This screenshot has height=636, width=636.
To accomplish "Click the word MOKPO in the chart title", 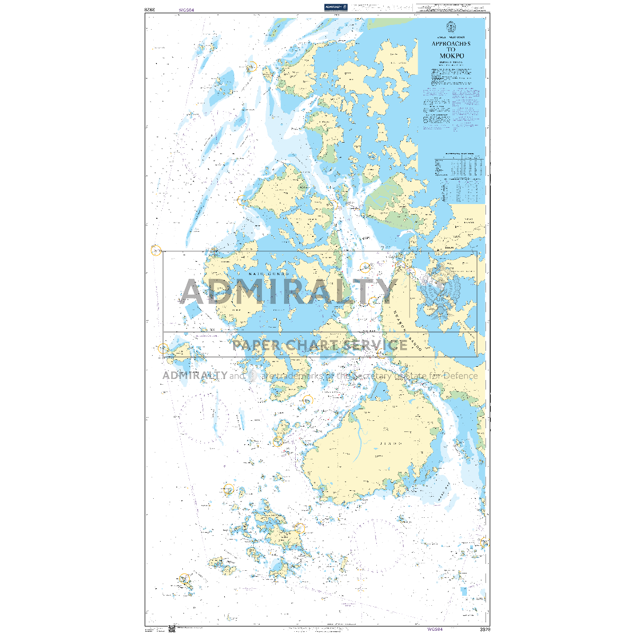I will coord(451,56).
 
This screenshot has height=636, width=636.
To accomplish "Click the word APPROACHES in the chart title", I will coord(451,43).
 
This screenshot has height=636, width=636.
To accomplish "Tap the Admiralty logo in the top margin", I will coord(335,7).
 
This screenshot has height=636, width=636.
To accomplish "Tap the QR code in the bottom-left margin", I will coord(172,629).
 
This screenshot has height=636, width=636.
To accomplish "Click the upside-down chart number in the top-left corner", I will coord(149,10).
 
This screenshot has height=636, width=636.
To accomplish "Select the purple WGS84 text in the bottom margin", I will coord(435,630).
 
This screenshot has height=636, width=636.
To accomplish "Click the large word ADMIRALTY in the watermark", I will coord(289,291).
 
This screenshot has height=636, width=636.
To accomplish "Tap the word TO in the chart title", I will coord(451,50).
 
